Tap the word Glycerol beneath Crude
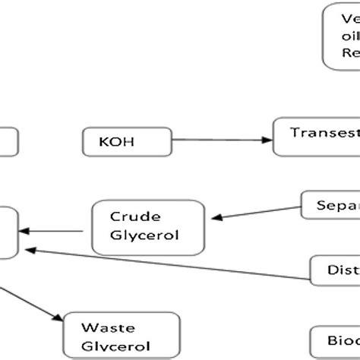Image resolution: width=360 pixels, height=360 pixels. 144,234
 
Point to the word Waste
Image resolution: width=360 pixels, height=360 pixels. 109,328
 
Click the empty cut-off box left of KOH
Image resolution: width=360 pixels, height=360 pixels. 8,142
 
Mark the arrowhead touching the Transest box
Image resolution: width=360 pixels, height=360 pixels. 267,141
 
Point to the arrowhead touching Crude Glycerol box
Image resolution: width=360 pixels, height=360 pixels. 216,217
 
